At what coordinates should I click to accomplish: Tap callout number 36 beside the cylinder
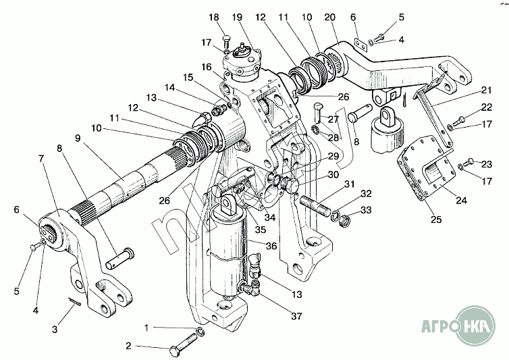pyautogui.click(x=271, y=246)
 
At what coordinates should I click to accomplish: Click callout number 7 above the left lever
pyautogui.click(x=43, y=158)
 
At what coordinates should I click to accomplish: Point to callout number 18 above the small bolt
pyautogui.click(x=215, y=17)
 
